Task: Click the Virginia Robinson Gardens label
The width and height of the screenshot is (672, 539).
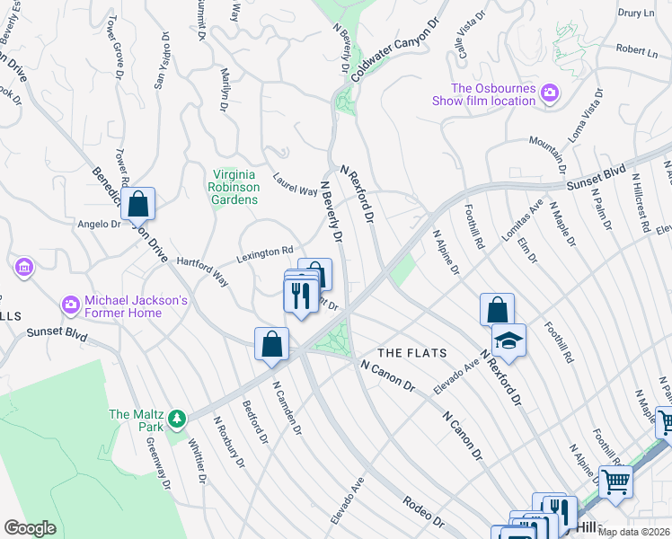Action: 236,187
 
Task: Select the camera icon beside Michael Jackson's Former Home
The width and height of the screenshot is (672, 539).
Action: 70,305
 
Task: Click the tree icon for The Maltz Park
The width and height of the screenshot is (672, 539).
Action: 178,418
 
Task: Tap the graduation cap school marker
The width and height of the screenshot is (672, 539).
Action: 508,340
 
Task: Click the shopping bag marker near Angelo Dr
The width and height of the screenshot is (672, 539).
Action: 138,204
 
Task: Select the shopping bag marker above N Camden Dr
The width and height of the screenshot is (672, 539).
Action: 271,344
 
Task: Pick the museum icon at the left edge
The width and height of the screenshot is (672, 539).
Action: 23,267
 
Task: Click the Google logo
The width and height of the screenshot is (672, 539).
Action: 30,527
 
